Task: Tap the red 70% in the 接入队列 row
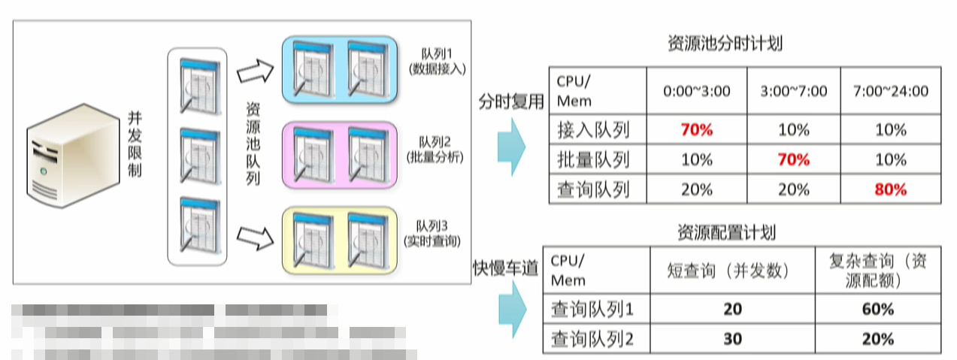(696, 129)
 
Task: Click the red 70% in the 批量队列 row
(794, 159)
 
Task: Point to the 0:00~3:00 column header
(696, 91)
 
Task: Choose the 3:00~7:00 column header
(794, 91)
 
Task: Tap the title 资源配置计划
(726, 232)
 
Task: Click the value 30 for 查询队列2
(732, 339)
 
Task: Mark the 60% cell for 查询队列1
(877, 309)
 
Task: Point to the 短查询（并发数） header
(732, 270)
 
